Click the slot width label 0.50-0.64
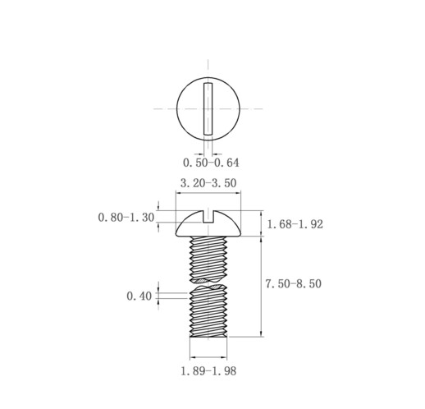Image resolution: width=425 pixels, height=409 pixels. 210,163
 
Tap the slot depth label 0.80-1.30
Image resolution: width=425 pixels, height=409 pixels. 126,218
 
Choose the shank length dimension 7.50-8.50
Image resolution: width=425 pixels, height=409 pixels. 293,284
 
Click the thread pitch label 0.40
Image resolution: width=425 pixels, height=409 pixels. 139,296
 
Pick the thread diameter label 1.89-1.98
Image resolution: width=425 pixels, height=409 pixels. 208,371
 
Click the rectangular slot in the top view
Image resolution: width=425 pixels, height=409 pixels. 208,109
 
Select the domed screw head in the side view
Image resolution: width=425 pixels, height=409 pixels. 208,225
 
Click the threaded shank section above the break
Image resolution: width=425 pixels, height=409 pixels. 208,259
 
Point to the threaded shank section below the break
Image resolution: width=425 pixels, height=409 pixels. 208,316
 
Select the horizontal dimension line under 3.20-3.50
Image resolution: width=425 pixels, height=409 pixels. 208,194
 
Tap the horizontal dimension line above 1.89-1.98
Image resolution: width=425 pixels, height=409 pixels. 208,359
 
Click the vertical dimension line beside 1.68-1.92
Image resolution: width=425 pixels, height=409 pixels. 262,223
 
